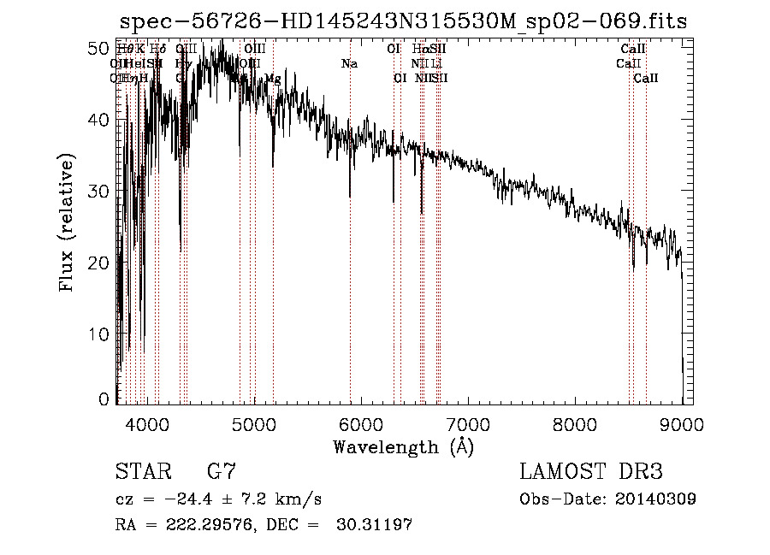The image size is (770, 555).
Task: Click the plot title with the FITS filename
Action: (x=403, y=21)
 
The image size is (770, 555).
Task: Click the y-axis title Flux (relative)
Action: (x=66, y=222)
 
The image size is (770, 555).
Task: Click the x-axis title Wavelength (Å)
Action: (x=403, y=446)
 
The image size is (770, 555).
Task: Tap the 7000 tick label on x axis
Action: (x=467, y=423)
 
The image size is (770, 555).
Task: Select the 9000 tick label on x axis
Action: (x=682, y=423)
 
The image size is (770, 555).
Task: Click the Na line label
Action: (x=349, y=63)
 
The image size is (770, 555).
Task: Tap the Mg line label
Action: (x=272, y=78)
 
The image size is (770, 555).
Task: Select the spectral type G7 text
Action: (x=221, y=471)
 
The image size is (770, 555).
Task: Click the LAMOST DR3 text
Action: (x=590, y=471)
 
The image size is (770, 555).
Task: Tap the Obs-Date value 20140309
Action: (x=655, y=499)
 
